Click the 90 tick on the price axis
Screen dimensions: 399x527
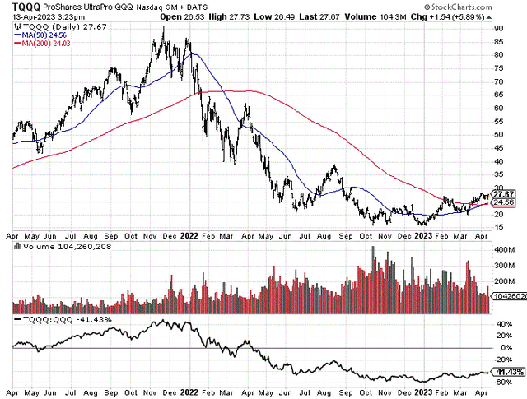499,29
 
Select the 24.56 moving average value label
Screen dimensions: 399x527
503,202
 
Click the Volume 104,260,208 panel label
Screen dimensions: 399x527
58,245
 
